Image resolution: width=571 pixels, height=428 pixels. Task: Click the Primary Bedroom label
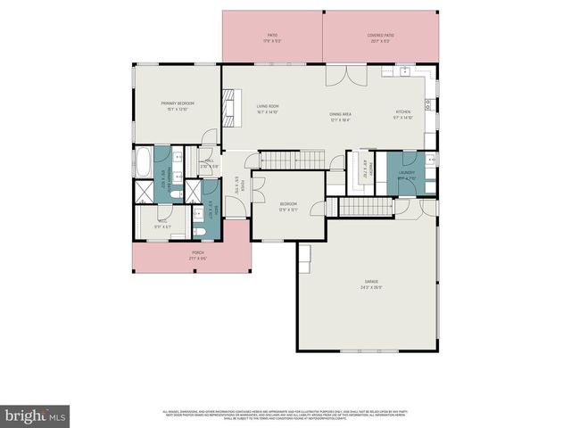[178, 105]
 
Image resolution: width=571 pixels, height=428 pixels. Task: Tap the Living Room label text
[268, 109]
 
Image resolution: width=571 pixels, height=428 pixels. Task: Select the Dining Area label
[340, 116]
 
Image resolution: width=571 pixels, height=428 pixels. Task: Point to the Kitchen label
[403, 114]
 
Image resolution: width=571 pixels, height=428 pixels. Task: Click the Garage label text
[370, 284]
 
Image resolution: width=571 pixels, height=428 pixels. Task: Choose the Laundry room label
[407, 174]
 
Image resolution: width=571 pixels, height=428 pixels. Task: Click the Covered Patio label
[381, 38]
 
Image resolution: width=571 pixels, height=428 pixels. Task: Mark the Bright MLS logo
[35, 416]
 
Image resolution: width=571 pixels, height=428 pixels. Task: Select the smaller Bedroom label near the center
[288, 207]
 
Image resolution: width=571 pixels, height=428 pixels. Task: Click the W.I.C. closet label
[162, 223]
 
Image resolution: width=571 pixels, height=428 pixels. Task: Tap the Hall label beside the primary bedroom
[207, 163]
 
